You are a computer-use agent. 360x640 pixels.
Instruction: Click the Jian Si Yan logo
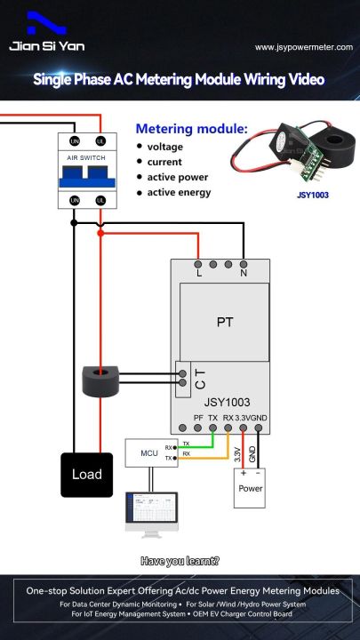44,35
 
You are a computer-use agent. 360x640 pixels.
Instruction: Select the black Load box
87,474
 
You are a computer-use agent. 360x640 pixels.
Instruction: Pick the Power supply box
250,487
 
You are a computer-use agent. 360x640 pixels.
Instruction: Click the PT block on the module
225,322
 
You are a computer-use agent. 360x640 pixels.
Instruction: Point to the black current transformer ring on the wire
103,380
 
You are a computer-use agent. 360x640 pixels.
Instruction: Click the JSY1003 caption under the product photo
312,190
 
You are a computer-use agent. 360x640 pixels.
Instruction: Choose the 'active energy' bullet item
179,193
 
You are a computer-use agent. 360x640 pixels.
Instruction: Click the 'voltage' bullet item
165,147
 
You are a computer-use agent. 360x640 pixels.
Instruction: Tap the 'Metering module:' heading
191,129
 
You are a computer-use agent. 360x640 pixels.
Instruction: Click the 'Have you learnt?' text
180,561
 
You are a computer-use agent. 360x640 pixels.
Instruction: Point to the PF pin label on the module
198,417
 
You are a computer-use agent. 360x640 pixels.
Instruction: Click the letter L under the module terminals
198,275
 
